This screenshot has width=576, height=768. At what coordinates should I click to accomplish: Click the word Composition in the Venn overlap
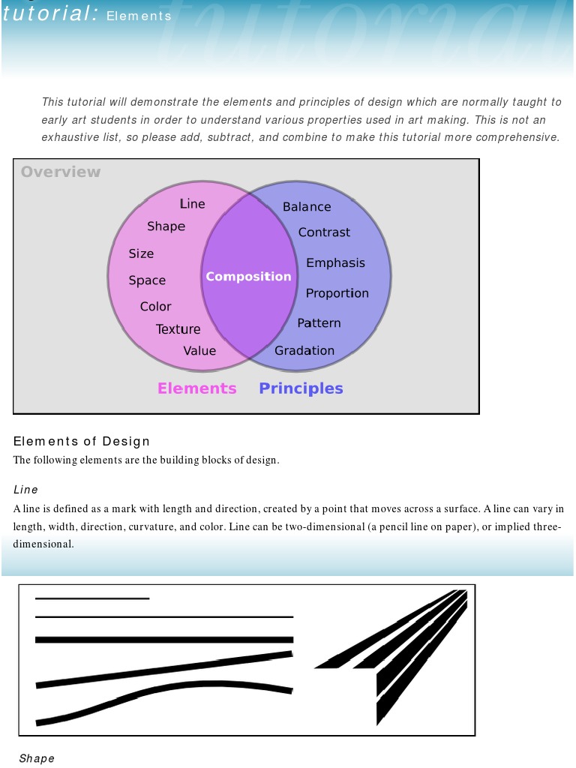click(248, 277)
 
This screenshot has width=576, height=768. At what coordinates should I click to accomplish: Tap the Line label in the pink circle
click(192, 204)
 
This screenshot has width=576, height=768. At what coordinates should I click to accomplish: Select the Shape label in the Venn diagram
click(166, 226)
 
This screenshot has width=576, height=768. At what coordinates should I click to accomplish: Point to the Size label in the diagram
click(141, 253)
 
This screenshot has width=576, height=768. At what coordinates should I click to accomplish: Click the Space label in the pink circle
click(147, 280)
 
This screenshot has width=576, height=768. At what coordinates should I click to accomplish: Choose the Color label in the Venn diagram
click(155, 307)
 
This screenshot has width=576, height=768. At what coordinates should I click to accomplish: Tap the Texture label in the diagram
click(178, 329)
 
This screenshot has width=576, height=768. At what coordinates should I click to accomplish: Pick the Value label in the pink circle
click(199, 351)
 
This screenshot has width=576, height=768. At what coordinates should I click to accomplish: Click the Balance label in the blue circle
click(307, 207)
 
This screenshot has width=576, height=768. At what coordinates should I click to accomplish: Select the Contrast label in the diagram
click(324, 232)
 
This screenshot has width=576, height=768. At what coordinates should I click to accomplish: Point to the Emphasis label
click(335, 263)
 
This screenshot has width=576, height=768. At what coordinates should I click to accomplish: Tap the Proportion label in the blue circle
click(337, 293)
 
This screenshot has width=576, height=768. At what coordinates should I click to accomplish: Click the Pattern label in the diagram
click(319, 323)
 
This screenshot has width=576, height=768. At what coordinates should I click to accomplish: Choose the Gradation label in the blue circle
click(304, 351)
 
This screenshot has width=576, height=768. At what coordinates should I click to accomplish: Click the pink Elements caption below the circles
click(196, 388)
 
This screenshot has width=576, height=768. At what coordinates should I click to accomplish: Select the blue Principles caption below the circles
click(301, 388)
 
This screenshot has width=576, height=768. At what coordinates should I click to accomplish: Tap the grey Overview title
click(61, 172)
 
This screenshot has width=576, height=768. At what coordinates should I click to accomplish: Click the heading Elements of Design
click(82, 441)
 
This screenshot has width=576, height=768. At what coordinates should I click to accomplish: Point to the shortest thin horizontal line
click(92, 598)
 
